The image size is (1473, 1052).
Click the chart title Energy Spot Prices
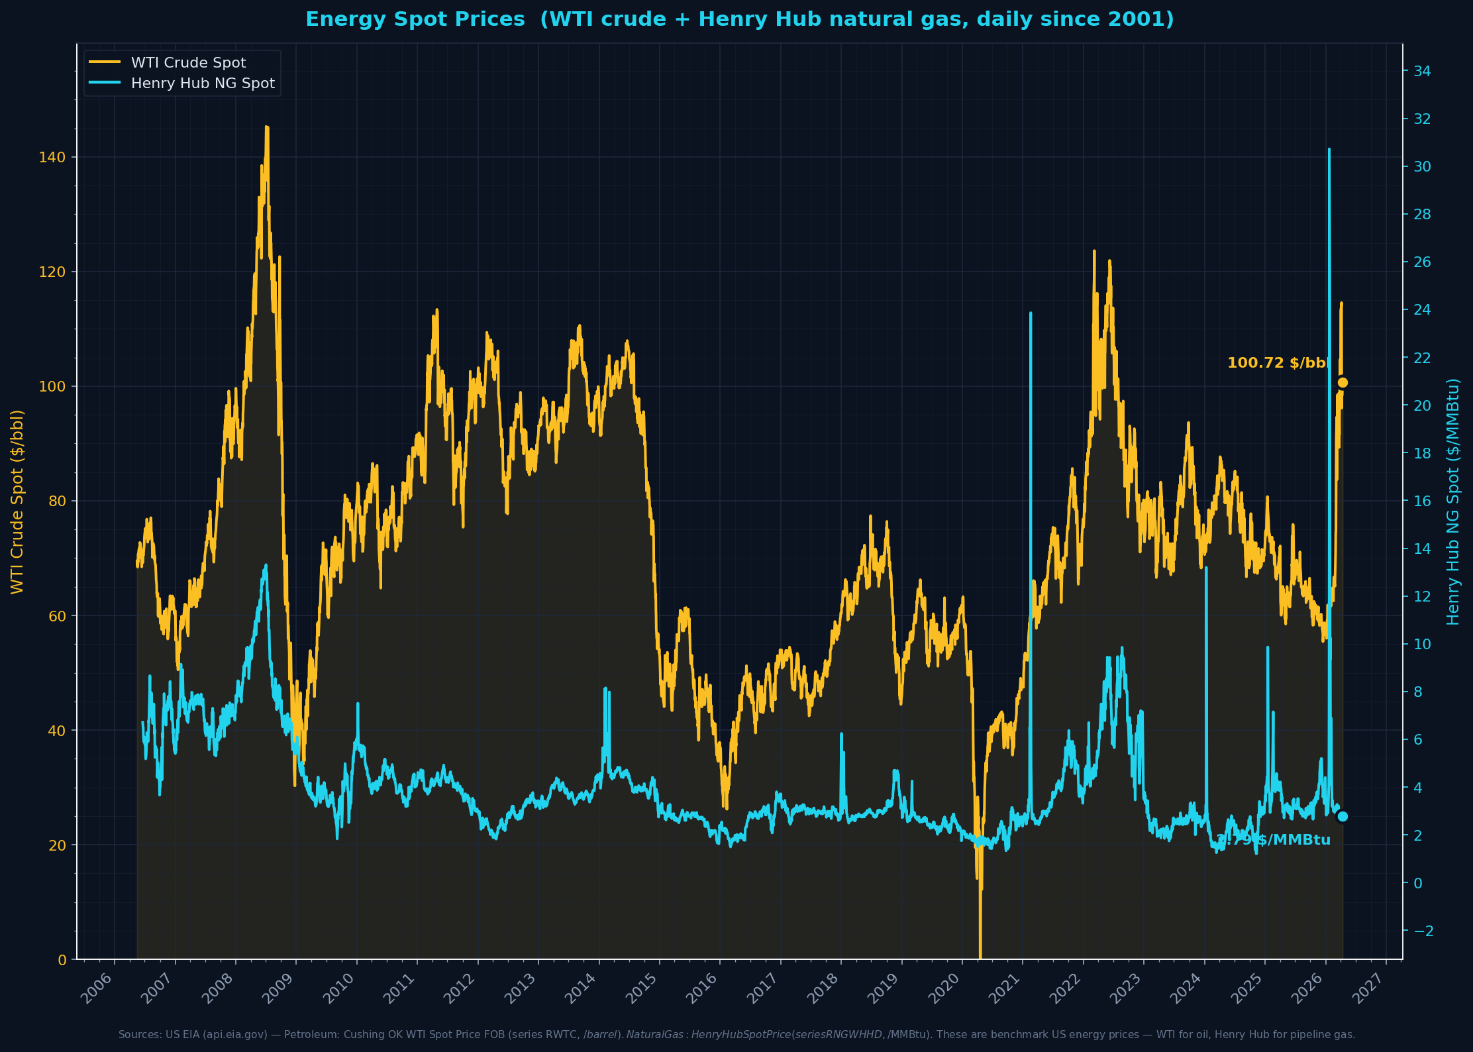point(739,19)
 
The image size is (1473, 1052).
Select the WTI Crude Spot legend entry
point(188,63)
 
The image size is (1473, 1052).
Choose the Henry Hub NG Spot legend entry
point(202,83)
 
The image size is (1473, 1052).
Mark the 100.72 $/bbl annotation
point(1278,363)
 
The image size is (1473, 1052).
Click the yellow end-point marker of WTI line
point(1343,382)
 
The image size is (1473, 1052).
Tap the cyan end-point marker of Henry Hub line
point(1343,816)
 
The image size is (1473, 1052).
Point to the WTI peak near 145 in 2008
point(267,127)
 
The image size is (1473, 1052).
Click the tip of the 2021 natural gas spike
point(1031,313)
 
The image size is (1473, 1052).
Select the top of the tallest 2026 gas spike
point(1329,150)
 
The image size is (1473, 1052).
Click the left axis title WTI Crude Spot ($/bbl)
point(17,501)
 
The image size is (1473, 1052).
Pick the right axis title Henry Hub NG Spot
point(1452,501)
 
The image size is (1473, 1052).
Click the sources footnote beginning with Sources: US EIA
point(736,1035)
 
